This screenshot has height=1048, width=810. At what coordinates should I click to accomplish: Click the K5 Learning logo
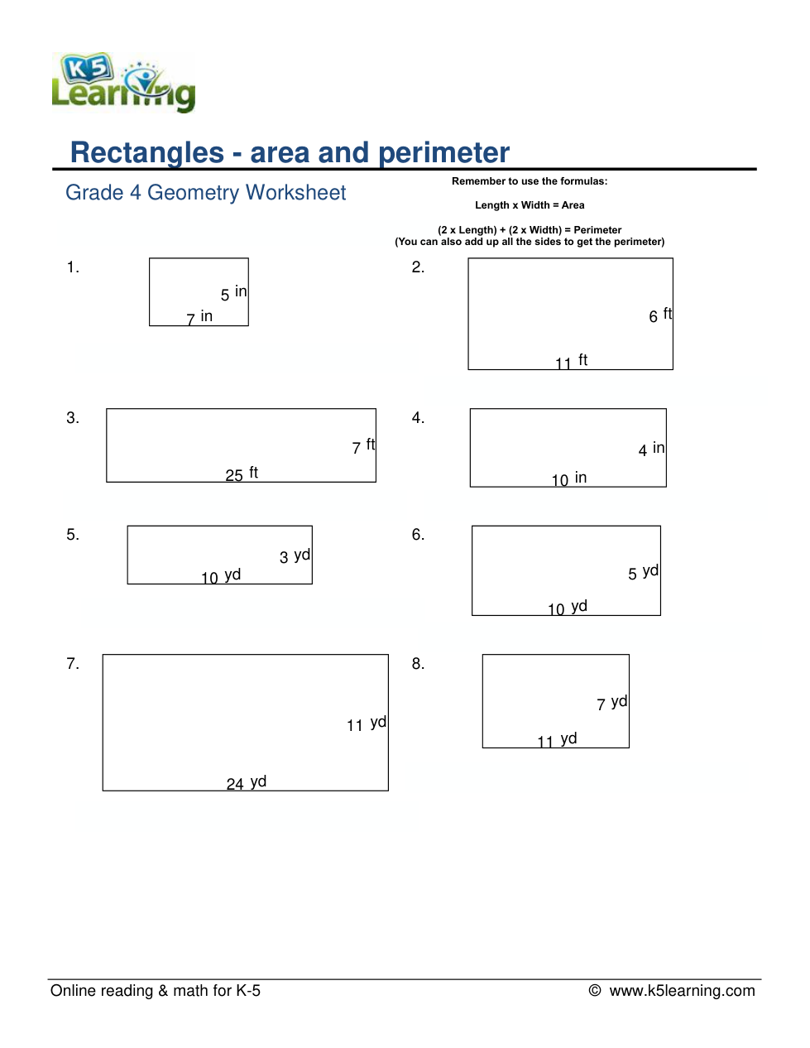point(123,83)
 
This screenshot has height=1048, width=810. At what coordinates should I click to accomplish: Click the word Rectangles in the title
point(146,153)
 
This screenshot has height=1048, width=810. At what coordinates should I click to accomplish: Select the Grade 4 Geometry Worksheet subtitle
point(205,193)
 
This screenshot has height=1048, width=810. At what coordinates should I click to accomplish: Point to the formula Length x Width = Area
point(530,205)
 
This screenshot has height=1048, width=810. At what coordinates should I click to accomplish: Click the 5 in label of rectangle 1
point(233,293)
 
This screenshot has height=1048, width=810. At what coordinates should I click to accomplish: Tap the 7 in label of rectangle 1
point(199,317)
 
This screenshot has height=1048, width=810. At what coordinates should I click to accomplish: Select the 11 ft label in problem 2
point(571,362)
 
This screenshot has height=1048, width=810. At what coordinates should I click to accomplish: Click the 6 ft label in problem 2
point(660,315)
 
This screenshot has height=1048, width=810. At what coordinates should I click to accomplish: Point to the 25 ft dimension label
point(242,474)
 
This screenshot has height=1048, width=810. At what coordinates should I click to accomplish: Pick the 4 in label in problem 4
point(651,449)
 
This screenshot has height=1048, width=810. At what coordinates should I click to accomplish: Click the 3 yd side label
point(295,556)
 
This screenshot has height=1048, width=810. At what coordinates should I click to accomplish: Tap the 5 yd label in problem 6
point(643,572)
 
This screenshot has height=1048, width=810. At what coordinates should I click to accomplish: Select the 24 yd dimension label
point(247,783)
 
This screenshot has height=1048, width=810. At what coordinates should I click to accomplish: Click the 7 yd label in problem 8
point(611,703)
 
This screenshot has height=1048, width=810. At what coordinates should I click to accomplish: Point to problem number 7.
point(73,664)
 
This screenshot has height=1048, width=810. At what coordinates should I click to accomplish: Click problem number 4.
point(418,418)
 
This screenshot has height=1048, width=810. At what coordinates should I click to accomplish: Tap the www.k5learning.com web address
point(682,991)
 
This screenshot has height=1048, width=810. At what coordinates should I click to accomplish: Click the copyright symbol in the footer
point(595,991)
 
